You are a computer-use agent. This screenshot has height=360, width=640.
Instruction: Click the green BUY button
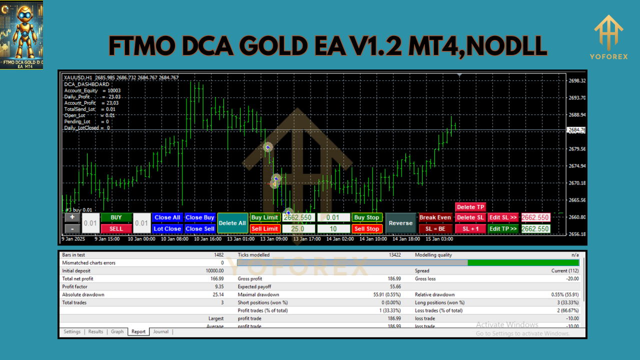point(116,217)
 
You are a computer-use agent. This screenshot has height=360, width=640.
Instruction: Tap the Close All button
point(167,217)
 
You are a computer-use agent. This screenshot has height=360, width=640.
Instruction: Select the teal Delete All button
point(232,223)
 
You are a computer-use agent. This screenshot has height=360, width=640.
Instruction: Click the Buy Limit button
point(264,217)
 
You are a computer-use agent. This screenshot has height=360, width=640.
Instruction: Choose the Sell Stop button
point(366,229)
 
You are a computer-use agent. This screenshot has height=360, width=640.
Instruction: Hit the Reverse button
point(400,223)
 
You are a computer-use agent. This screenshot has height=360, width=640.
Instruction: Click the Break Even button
point(435,217)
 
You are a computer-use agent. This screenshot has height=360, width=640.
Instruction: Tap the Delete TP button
point(470,207)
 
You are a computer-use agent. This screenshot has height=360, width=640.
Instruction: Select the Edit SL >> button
point(503,217)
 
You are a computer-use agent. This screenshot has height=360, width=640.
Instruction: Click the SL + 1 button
point(470,229)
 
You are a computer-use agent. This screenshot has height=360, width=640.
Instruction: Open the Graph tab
point(117,331)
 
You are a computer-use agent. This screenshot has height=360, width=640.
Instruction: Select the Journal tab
point(160,331)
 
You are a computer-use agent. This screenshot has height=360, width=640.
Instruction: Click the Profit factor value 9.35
point(218,286)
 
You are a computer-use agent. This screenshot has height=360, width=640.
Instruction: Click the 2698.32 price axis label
point(577,80)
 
